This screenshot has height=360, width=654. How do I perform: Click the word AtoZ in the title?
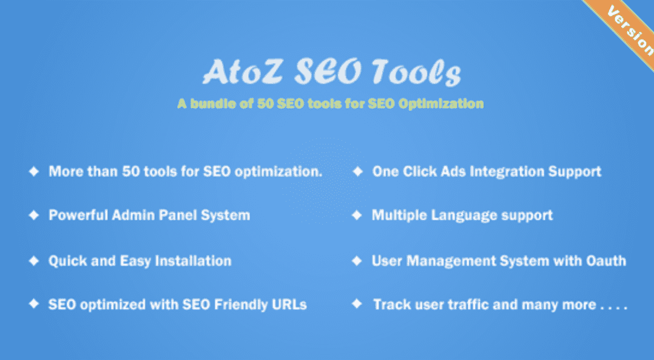pyautogui.click(x=243, y=72)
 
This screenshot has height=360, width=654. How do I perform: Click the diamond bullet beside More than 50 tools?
pyautogui.click(x=34, y=171)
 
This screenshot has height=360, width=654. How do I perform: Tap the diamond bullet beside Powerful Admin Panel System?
pyautogui.click(x=34, y=215)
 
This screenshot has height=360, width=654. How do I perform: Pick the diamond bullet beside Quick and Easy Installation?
pyautogui.click(x=34, y=260)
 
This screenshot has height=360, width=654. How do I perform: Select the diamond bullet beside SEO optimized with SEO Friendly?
pyautogui.click(x=34, y=304)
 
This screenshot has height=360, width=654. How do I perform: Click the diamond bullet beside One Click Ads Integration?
pyautogui.click(x=357, y=171)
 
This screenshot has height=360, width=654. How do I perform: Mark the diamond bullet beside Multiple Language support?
pyautogui.click(x=357, y=215)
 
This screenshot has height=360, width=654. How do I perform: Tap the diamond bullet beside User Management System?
pyautogui.click(x=357, y=260)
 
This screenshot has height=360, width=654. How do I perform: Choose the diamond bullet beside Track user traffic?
pyautogui.click(x=357, y=304)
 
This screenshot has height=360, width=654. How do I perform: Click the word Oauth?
pyautogui.click(x=606, y=260)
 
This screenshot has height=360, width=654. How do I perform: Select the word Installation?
pyautogui.click(x=193, y=260)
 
